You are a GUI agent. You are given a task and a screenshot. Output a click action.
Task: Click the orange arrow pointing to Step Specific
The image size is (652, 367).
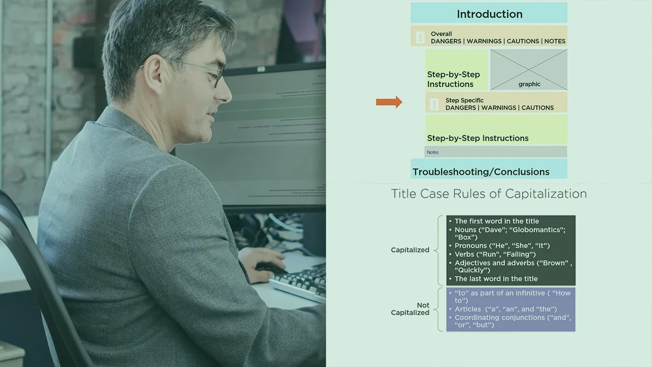click(x=389, y=102)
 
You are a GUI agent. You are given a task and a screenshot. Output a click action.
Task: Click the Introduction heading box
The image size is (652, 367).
click(x=489, y=13)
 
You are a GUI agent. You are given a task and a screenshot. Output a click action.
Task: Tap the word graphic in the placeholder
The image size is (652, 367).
click(x=529, y=84)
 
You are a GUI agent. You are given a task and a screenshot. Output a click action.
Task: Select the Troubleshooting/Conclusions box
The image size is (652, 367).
click(x=489, y=169)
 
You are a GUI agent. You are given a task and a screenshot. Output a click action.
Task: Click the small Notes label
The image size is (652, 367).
click(x=432, y=152)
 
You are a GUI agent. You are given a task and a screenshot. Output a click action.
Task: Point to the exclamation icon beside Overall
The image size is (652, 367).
click(x=420, y=37)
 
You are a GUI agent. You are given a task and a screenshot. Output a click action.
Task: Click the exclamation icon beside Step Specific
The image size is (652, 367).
click(x=434, y=104)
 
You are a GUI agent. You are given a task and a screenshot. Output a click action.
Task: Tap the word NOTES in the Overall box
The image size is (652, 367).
click(x=555, y=41)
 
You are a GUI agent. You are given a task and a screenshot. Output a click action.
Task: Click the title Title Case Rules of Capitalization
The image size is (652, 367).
click(x=488, y=194)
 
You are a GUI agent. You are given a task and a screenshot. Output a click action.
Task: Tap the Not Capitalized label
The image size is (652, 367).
click(x=410, y=309)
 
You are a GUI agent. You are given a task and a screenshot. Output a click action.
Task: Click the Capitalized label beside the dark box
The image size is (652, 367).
click(x=410, y=250)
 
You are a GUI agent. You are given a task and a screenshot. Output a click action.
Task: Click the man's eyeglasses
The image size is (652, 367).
click(x=198, y=71)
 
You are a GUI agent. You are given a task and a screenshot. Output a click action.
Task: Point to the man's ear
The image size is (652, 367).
click(x=153, y=73)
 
